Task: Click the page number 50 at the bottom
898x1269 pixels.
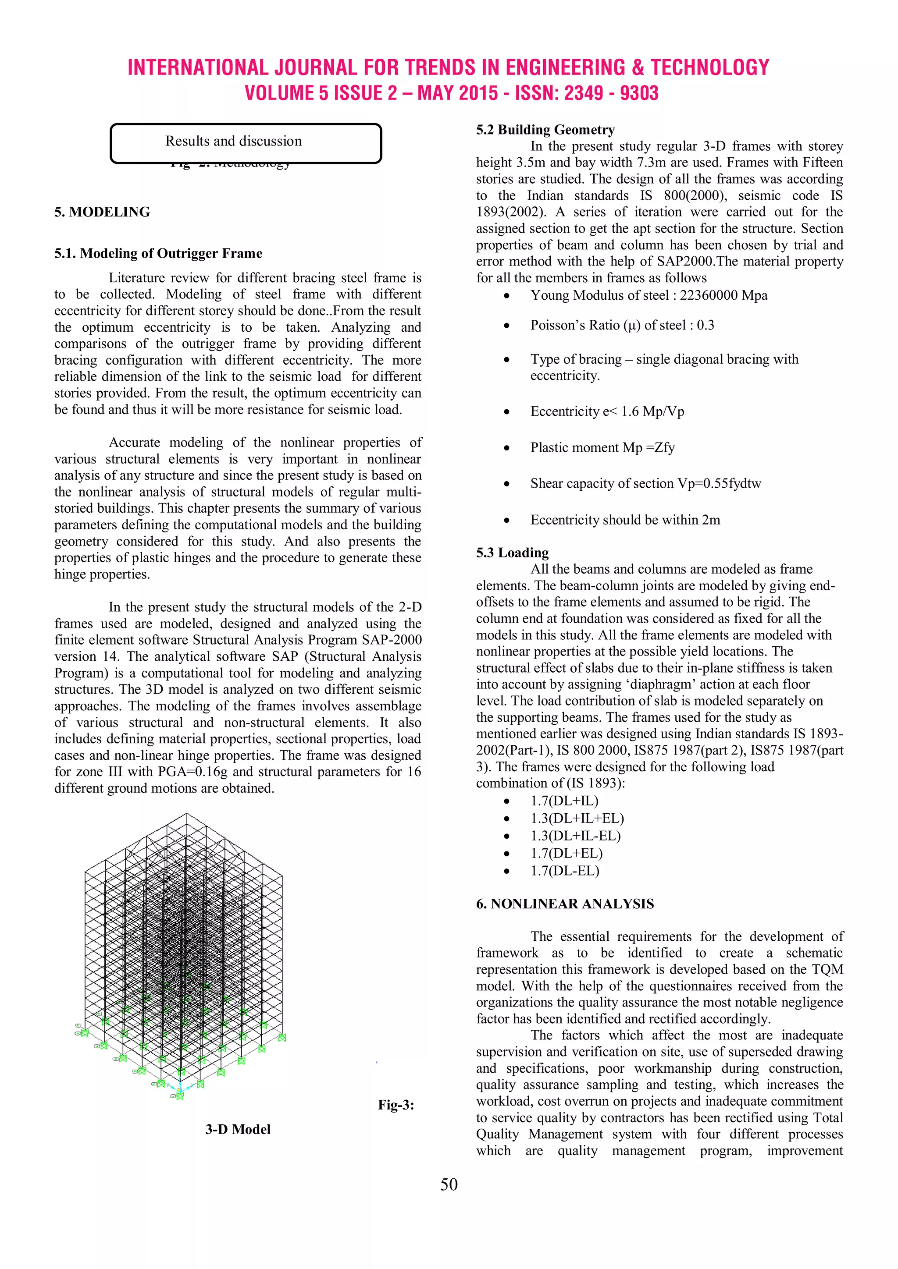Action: click(x=449, y=1184)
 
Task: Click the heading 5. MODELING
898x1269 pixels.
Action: click(x=102, y=212)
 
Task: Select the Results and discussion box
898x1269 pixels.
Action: click(x=246, y=143)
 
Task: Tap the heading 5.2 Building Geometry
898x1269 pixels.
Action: click(x=545, y=130)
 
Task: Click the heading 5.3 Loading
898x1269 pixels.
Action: click(x=512, y=553)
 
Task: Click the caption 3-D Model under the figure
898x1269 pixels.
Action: click(x=238, y=1130)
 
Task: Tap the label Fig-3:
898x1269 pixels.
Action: click(x=396, y=1105)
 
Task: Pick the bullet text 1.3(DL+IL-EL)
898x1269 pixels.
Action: click(x=575, y=836)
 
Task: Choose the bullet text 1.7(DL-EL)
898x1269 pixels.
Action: click(x=565, y=871)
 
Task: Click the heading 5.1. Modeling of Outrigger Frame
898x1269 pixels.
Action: click(x=158, y=254)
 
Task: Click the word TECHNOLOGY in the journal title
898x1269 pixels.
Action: click(x=709, y=67)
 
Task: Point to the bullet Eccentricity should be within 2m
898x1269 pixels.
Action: click(x=625, y=520)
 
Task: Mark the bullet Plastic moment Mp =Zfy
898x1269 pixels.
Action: click(x=602, y=448)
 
